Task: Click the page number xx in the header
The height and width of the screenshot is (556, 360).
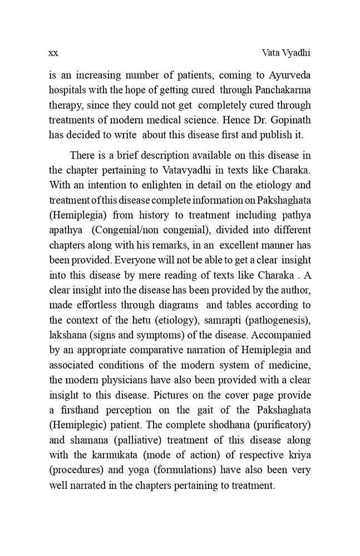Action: click(x=53, y=53)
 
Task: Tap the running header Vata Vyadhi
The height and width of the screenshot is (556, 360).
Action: click(x=285, y=53)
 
